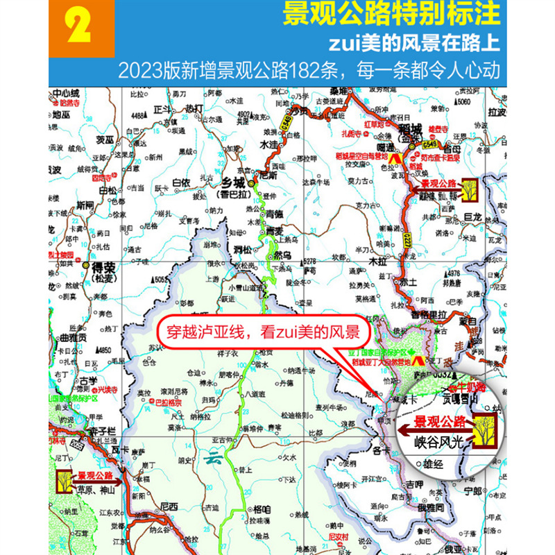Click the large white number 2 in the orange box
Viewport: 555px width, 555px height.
[x=80, y=29]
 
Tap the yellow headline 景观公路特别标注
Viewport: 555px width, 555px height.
[x=391, y=15]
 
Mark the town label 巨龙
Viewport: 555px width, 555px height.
[x=473, y=217]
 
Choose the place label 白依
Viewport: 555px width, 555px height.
[x=180, y=182]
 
